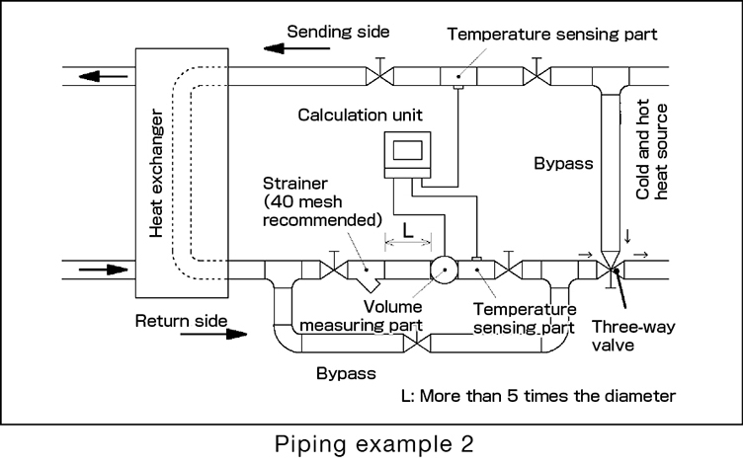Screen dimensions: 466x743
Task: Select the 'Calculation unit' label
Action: pos(358,116)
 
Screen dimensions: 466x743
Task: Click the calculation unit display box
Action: pos(408,151)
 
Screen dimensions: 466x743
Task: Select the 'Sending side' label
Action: pos(340,32)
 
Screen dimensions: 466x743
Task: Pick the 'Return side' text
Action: pos(181,320)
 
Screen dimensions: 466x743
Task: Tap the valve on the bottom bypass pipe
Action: pos(423,344)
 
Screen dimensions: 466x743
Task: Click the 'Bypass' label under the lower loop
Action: pos(345,374)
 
